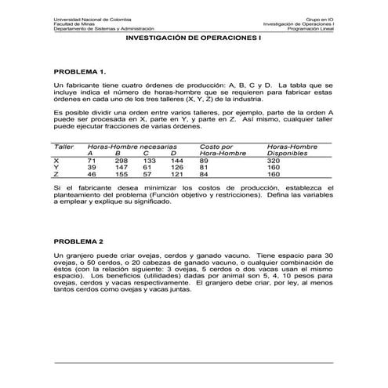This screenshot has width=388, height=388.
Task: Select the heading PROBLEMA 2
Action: click(x=78, y=241)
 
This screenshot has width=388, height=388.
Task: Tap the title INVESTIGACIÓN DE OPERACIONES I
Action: click(x=193, y=37)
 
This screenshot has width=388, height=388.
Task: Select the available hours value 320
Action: click(x=274, y=160)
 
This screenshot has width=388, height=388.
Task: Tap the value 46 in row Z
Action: click(x=92, y=174)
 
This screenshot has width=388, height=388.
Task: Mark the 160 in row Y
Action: click(x=274, y=167)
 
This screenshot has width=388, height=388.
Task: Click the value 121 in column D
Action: click(x=177, y=174)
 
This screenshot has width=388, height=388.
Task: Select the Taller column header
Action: click(x=63, y=146)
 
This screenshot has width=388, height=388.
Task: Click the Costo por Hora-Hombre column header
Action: click(x=223, y=150)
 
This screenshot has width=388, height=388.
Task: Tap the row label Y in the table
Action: click(x=56, y=167)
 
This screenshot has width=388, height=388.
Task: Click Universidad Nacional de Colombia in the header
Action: click(x=92, y=17)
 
